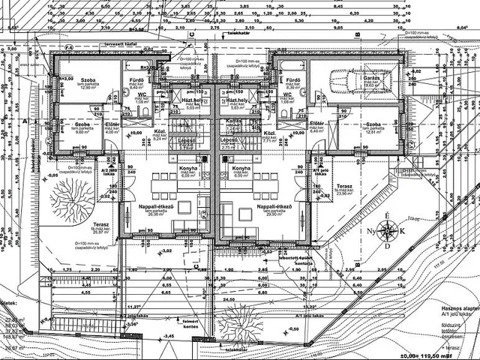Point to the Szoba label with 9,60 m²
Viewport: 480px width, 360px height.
(x=82, y=123)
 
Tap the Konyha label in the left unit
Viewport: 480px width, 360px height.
(x=187, y=169)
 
